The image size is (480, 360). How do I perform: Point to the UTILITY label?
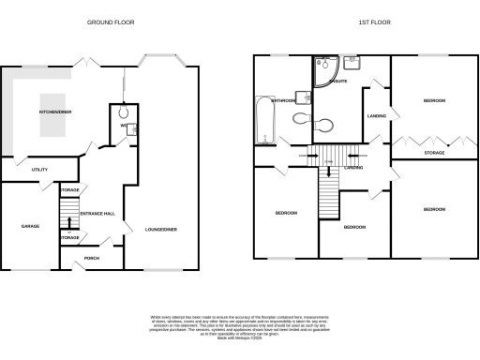tap(38, 170)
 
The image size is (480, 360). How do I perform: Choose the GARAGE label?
tap(29, 226)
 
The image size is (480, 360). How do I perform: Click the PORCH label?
tap(91, 258)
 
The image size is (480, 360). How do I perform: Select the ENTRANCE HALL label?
tap(97, 215)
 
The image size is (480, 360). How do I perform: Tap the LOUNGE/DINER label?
tap(160, 227)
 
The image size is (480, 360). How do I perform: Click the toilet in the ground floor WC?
tap(123, 111)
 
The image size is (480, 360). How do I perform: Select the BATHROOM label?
tap(284, 99)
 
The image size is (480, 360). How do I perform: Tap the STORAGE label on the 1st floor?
tap(434, 151)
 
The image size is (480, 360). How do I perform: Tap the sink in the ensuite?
tap(353, 65)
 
